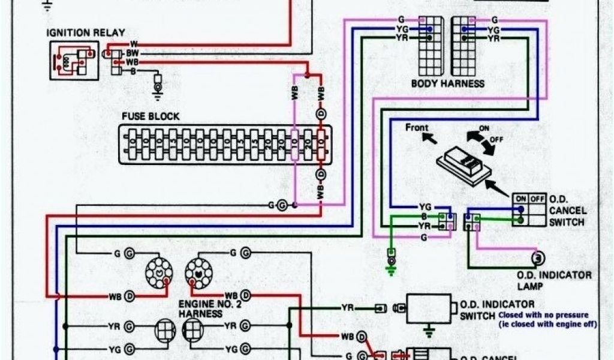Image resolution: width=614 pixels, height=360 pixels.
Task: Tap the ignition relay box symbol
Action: tap(73, 60)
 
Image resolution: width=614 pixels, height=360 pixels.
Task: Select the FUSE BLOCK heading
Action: tap(150, 116)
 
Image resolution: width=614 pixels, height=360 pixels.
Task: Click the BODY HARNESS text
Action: tap(447, 83)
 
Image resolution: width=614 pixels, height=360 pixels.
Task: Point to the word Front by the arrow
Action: tap(417, 127)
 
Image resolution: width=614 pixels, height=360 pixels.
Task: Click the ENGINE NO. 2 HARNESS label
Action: tap(206, 309)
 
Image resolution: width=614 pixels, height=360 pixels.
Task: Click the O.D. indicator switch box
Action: tap(428, 308)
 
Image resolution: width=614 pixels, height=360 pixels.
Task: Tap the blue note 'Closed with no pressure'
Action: tap(543, 314)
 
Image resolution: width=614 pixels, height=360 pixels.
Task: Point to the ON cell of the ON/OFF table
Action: tap(519, 199)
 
